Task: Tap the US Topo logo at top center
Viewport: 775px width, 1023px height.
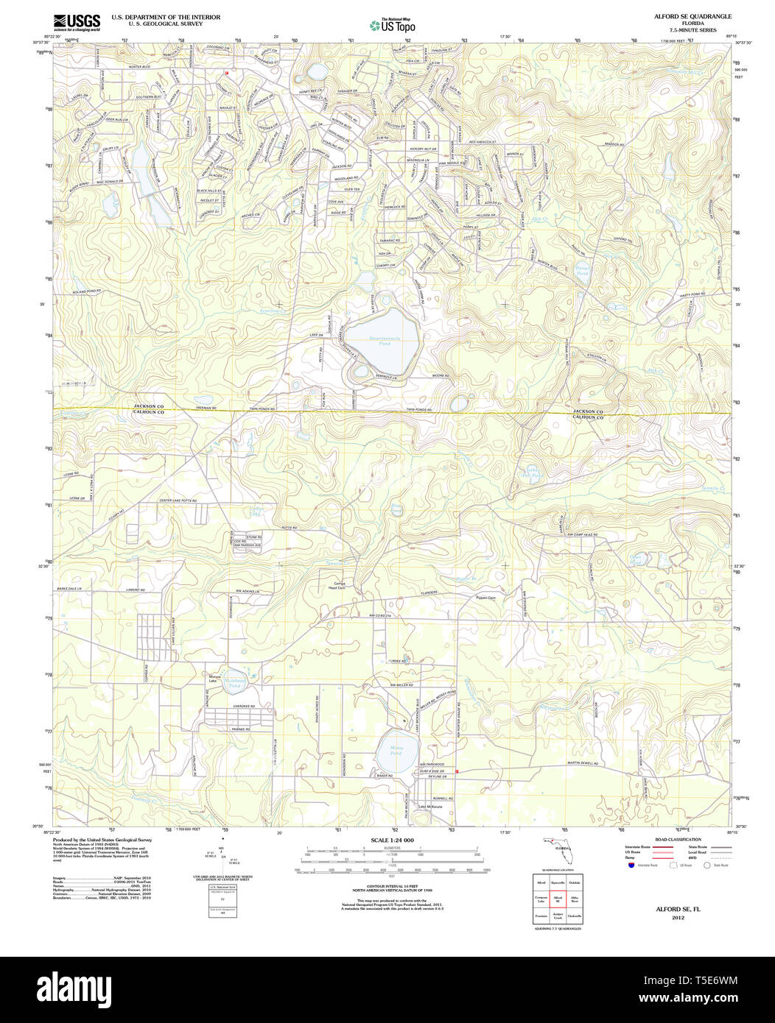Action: click(392, 26)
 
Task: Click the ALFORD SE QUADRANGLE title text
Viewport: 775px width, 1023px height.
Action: click(681, 15)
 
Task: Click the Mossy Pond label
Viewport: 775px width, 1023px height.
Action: click(396, 751)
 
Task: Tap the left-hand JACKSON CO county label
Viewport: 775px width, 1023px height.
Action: click(149, 406)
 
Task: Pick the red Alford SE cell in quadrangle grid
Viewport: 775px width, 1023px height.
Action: click(558, 899)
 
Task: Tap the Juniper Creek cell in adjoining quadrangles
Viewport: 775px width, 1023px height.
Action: click(558, 917)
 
